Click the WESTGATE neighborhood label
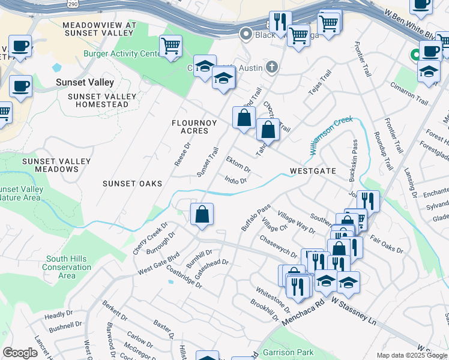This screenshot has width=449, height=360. (x=312, y=171)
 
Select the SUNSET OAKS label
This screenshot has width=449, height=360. (x=132, y=184)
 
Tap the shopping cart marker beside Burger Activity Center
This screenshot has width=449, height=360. (x=171, y=46)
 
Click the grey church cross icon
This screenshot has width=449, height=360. (x=273, y=67)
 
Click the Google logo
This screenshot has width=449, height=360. (x=20, y=353)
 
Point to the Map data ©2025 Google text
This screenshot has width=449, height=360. (x=411, y=355)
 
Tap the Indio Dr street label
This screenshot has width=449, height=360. (x=235, y=179)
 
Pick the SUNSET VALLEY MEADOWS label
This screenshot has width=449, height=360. (x=56, y=165)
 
